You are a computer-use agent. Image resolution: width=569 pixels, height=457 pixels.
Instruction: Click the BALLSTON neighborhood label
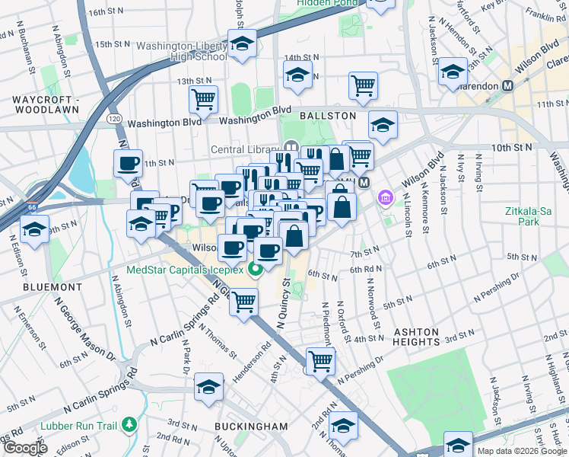coord(327,115)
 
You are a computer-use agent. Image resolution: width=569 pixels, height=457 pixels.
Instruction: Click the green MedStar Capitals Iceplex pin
coord(257,269)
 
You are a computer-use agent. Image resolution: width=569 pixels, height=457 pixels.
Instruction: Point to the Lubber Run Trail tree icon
coord(129,422)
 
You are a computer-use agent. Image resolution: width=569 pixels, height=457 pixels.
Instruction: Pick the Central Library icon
coord(290,147)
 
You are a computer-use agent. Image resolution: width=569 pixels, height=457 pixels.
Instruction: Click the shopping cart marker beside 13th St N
coord(204,98)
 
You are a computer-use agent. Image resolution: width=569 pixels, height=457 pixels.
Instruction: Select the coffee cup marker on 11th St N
coord(128,162)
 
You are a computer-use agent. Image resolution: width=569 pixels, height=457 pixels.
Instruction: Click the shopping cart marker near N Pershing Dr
coord(320,360)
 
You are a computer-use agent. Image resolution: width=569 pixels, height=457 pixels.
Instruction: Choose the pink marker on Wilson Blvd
coord(386,199)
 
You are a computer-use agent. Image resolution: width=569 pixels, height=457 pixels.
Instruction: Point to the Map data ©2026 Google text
coord(521,451)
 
